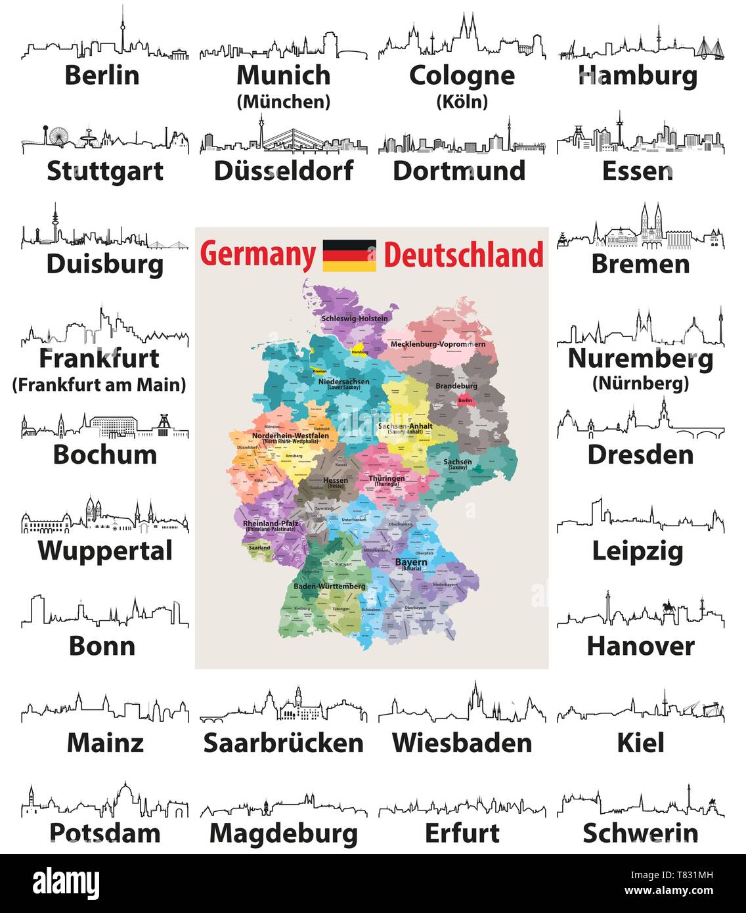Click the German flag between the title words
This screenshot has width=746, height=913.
[349, 256]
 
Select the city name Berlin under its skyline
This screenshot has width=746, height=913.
[102, 75]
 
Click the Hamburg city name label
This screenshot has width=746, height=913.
[638, 76]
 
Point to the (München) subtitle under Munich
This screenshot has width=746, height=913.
[284, 102]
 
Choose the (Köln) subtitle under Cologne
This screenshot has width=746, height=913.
[462, 102]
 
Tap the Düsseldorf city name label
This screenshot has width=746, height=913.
[284, 171]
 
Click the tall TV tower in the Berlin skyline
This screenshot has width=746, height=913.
[121, 33]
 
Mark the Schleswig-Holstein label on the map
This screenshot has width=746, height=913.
[354, 319]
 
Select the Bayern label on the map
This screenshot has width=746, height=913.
[411, 562]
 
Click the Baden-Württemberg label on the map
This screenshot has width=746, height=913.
[330, 586]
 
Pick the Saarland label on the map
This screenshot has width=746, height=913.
[259, 547]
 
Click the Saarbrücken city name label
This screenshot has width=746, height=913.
[284, 743]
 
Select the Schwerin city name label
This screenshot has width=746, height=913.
[640, 833]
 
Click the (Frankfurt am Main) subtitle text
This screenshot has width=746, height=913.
[99, 385]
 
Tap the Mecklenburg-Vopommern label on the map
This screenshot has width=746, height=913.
[438, 344]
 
